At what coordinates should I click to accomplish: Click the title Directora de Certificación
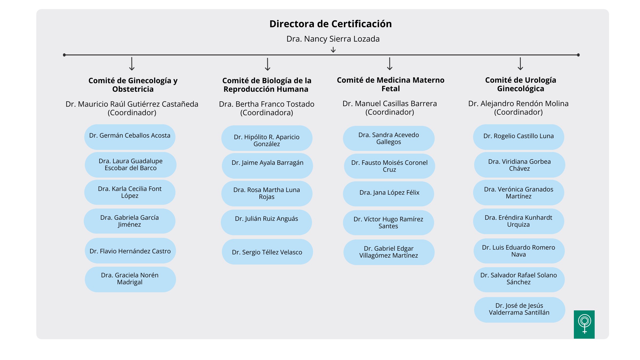point(330,24)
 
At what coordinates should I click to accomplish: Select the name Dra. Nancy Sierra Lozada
point(333,39)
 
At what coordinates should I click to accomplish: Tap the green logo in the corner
point(584,324)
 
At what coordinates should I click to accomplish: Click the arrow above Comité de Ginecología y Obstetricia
point(132,64)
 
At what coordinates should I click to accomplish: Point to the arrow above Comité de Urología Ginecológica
point(520,64)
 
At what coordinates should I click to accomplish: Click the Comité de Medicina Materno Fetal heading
point(390,84)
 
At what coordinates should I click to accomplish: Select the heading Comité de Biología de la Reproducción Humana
point(267,85)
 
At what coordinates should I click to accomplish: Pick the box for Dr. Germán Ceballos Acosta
point(130,137)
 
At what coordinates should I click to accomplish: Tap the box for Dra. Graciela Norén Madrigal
point(130,279)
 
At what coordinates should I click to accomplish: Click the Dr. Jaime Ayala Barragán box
point(267,166)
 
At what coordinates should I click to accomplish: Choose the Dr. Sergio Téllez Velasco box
point(267,252)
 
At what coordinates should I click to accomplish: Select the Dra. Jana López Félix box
point(389,194)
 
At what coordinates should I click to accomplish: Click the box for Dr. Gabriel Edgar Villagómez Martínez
point(389,252)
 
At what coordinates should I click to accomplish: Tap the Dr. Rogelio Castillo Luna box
point(519,137)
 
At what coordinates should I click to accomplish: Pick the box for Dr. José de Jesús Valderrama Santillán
point(520,310)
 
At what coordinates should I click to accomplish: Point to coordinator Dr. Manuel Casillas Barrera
point(390,103)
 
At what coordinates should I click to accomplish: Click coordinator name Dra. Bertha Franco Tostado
point(267,104)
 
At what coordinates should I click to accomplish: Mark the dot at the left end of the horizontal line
point(64,55)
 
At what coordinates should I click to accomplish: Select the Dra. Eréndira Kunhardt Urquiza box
point(519,221)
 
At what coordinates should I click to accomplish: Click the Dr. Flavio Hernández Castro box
point(130,251)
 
